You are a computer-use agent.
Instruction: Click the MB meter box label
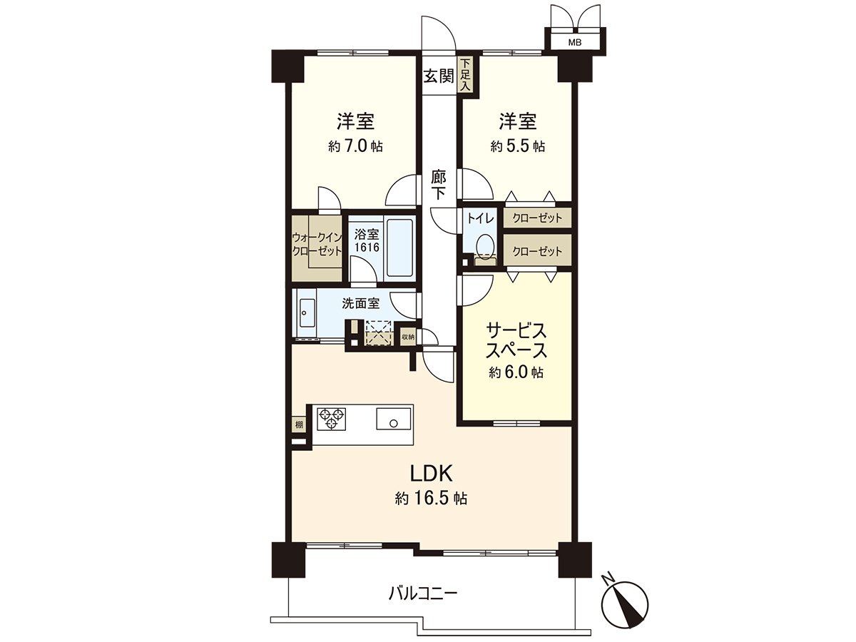coord(574,43)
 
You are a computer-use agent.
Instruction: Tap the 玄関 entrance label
coord(439,76)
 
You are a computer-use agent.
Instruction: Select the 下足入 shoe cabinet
coord(465,75)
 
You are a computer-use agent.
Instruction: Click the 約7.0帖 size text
coord(355,146)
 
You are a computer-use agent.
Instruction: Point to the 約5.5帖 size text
coord(518,146)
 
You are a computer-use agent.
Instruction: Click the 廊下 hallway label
coord(439,184)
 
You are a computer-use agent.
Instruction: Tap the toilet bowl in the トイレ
coord(485,245)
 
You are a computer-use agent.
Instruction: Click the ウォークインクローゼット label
coord(317,245)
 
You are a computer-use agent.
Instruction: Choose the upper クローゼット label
coord(537,218)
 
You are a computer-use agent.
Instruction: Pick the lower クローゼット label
coord(537,251)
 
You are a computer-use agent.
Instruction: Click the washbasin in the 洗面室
coord(307,312)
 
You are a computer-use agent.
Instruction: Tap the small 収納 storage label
coord(407,337)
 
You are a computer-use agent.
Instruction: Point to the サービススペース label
coord(516,341)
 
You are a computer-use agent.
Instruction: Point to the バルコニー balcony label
coord(423,593)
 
